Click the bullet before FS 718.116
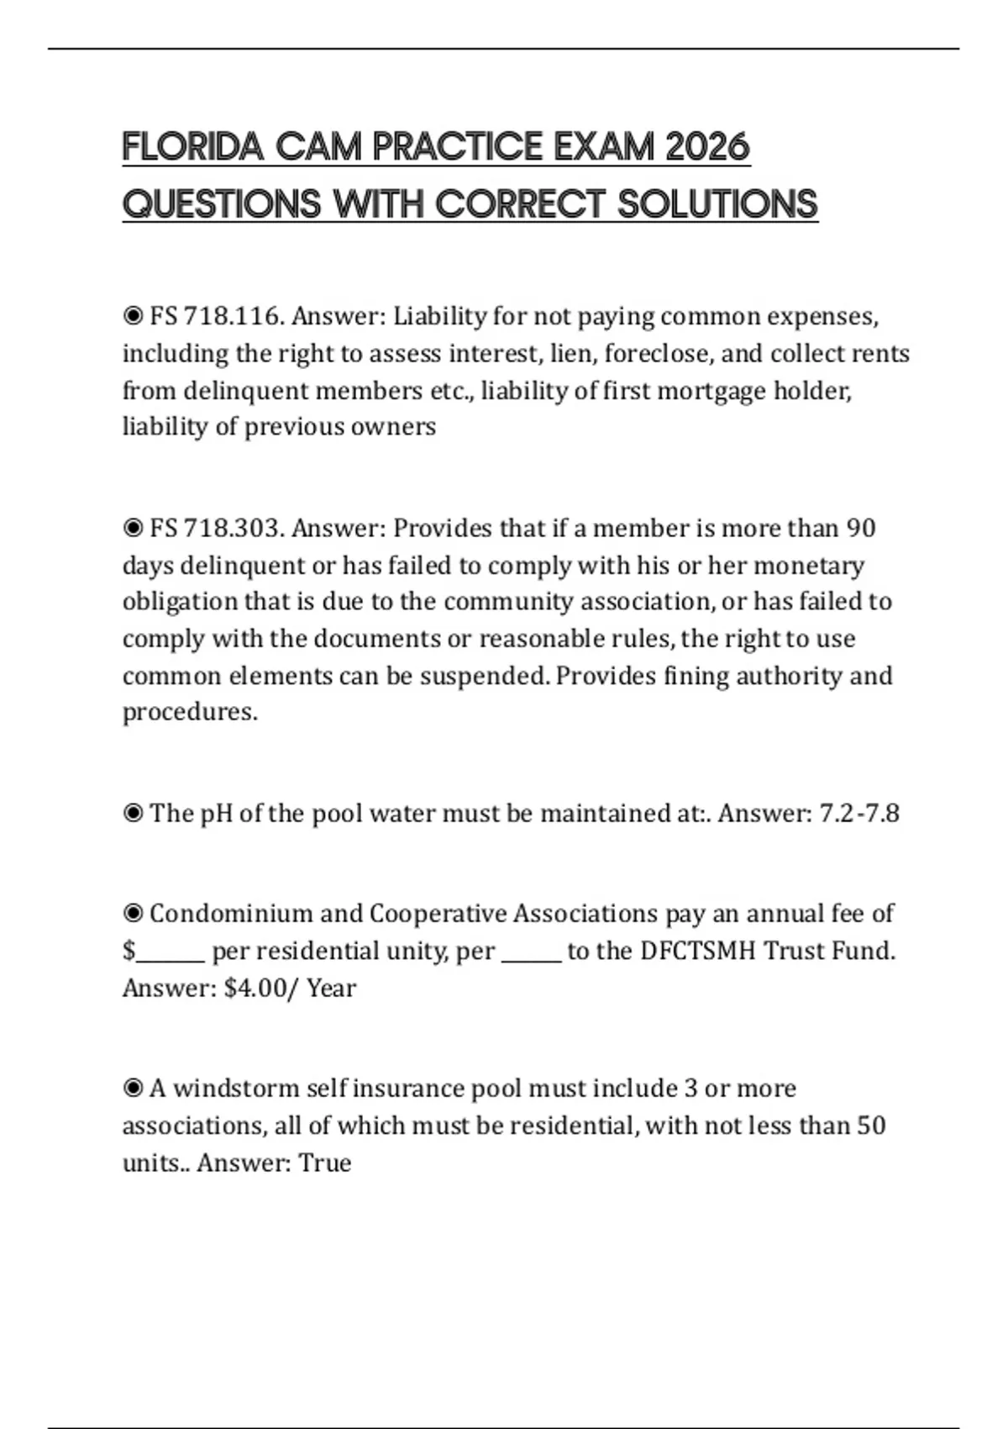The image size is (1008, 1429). click(x=133, y=317)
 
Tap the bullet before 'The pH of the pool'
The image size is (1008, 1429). click(x=133, y=814)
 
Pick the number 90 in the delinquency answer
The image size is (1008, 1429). click(x=860, y=529)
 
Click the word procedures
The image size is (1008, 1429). click(x=190, y=713)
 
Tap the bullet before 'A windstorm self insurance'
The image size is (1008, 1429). click(x=133, y=1089)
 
